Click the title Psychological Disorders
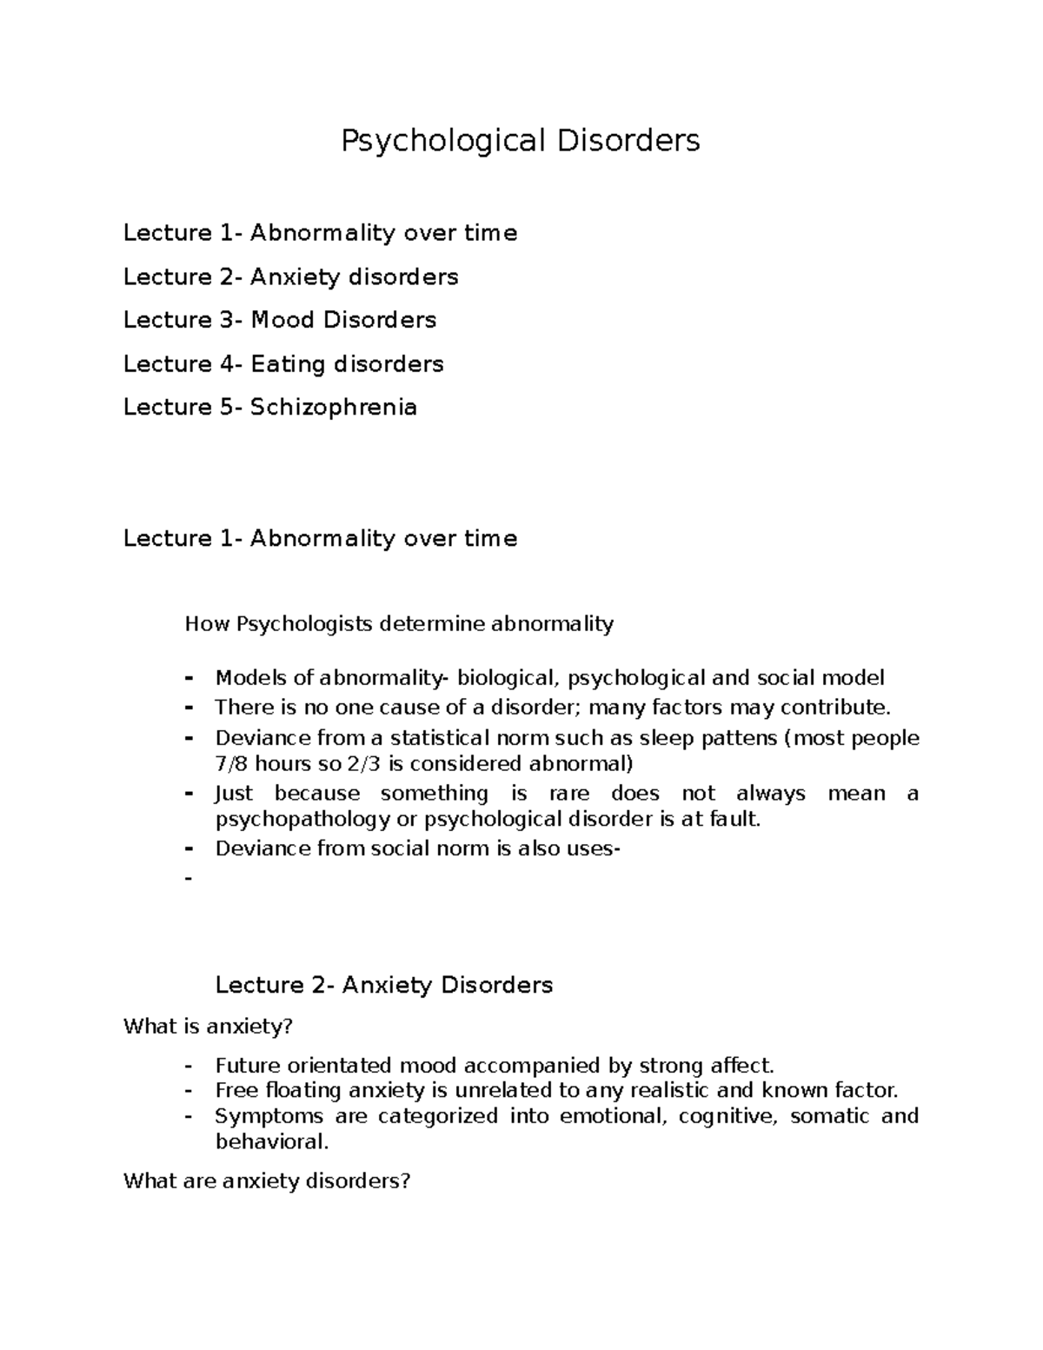pyautogui.click(x=520, y=140)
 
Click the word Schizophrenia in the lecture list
pyautogui.click(x=334, y=407)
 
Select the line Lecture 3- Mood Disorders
pyautogui.click(x=280, y=320)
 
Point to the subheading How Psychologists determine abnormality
pyautogui.click(x=399, y=623)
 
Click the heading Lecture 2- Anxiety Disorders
pyautogui.click(x=383, y=985)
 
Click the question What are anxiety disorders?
pyautogui.click(x=266, y=1180)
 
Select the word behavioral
pyautogui.click(x=272, y=1141)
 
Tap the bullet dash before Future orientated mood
pyautogui.click(x=188, y=1066)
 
